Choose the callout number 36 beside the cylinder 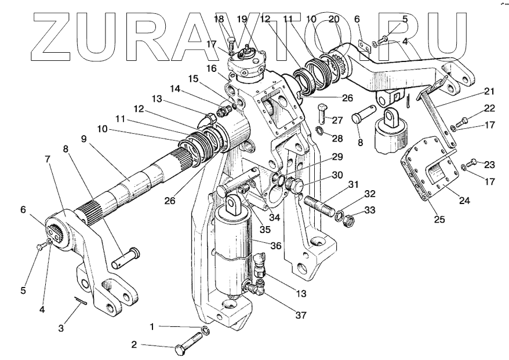coord(276,245)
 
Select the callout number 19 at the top coord(242,19)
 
